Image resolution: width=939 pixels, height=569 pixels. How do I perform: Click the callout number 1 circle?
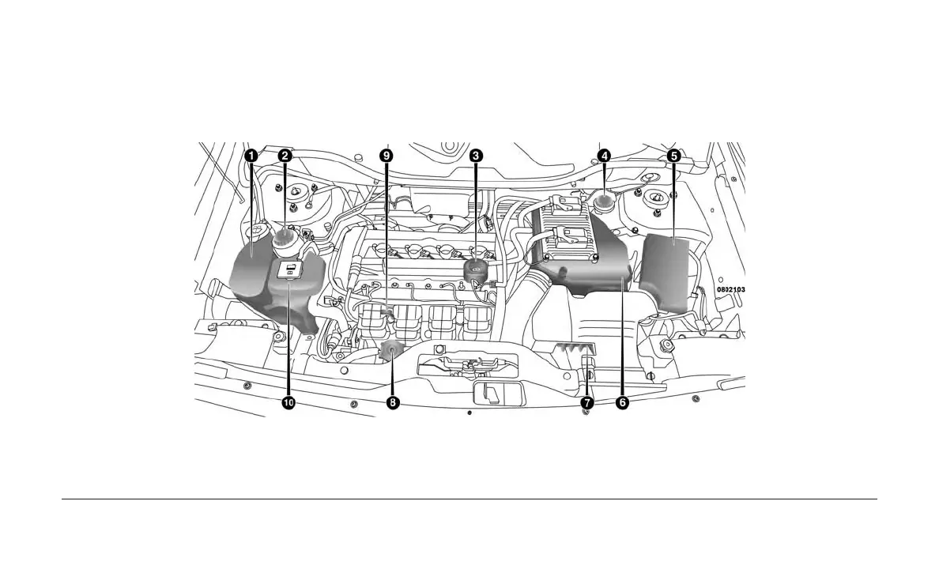pos(251,156)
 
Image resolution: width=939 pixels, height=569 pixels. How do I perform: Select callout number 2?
pos(285,156)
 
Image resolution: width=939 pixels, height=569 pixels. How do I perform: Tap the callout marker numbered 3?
pos(476,156)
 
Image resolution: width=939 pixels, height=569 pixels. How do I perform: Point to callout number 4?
pos(604,156)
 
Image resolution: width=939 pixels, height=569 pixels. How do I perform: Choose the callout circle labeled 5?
pos(673,156)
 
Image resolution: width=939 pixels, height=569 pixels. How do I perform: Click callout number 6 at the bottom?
pos(622,403)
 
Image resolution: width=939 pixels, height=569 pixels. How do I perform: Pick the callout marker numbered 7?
pos(587,403)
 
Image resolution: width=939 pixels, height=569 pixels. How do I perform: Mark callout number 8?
pos(393,403)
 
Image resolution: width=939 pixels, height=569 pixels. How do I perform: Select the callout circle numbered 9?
pos(386,156)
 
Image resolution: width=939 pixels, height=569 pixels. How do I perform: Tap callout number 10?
pos(288,403)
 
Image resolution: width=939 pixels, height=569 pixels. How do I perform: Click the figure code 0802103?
pos(731,290)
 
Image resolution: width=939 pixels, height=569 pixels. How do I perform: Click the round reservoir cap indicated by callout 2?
pos(285,236)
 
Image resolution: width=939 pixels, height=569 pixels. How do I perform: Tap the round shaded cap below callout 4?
pos(605,204)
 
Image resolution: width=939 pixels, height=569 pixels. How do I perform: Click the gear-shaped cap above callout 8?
pos(391,352)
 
